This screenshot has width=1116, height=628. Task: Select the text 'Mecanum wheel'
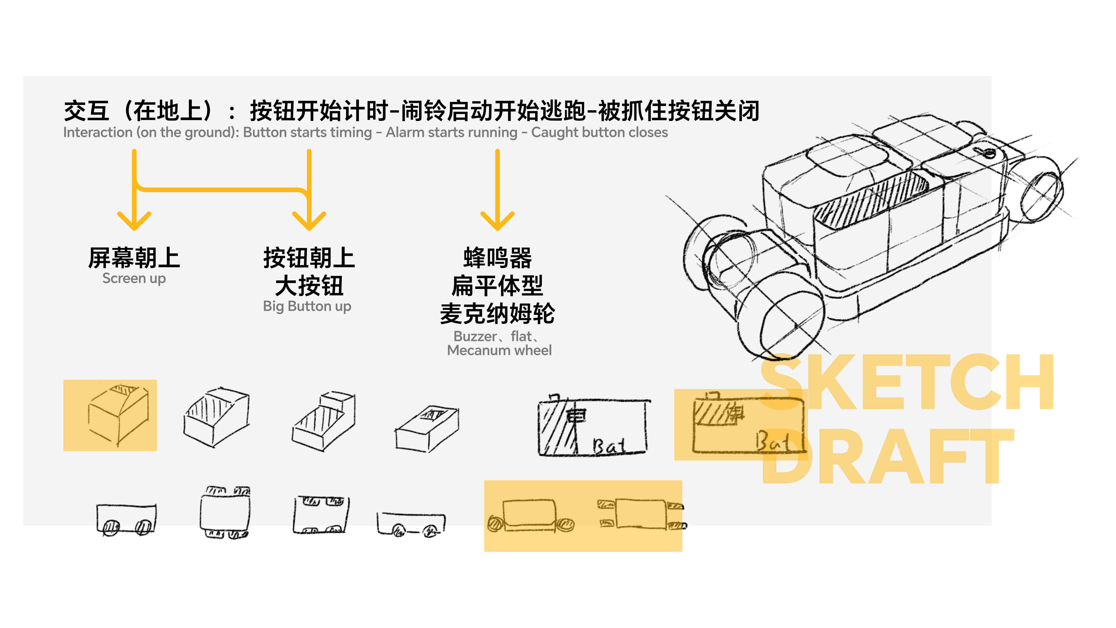pyautogui.click(x=499, y=350)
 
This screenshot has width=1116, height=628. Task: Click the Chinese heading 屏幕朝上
pyautogui.click(x=134, y=258)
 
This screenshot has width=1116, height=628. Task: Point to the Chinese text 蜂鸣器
pyautogui.click(x=497, y=258)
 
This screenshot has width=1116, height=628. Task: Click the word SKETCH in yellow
pyautogui.click(x=908, y=382)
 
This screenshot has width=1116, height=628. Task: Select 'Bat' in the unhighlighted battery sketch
pyautogui.click(x=609, y=446)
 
